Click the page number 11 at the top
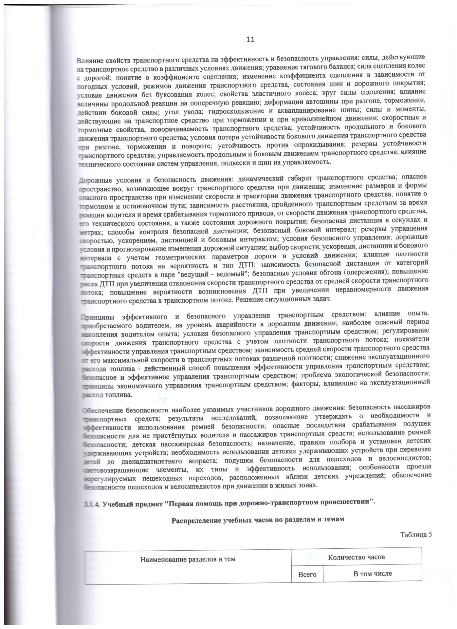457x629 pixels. click(x=250, y=39)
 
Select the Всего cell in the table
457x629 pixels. click(x=307, y=574)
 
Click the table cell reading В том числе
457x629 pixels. click(x=372, y=573)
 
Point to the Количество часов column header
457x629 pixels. click(x=356, y=557)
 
